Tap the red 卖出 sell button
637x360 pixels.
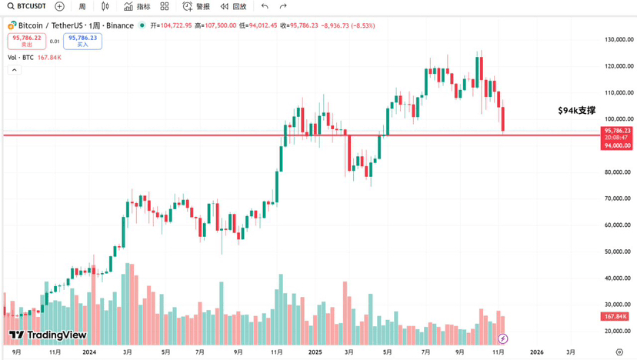click(27, 41)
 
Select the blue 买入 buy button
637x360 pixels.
click(82, 41)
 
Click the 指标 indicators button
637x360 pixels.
click(138, 6)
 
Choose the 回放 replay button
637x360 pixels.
click(233, 6)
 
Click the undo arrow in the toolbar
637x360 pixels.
click(265, 6)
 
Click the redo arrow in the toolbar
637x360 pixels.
click(283, 6)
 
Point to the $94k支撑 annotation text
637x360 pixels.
click(577, 111)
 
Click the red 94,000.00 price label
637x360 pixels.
click(618, 145)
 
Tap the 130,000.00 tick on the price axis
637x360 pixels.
click(618, 39)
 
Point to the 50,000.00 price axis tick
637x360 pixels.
click(618, 252)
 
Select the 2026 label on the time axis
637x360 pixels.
click(536, 352)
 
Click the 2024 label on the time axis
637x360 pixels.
click(89, 352)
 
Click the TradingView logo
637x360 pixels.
click(48, 335)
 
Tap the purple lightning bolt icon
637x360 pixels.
click(503, 338)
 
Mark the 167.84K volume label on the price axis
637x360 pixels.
click(616, 316)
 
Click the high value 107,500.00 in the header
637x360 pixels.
click(218, 25)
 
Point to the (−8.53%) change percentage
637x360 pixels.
click(362, 25)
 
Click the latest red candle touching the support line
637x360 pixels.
click(503, 120)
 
